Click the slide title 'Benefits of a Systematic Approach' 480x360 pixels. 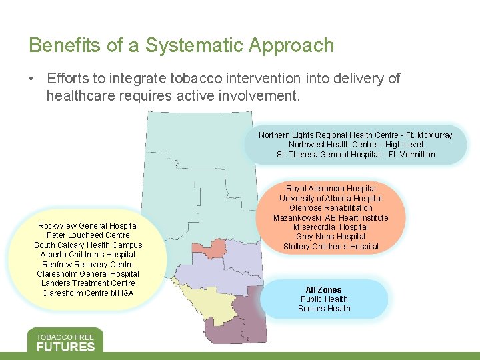pyautogui.click(x=181, y=45)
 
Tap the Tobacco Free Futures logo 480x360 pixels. pyautogui.click(x=65, y=340)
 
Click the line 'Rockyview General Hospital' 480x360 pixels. pyautogui.click(x=88, y=226)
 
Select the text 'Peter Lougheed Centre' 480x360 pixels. pyautogui.click(x=88, y=235)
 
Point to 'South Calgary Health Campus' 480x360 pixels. pyautogui.click(x=88, y=245)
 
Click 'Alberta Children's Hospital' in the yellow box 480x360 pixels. pyautogui.click(x=88, y=255)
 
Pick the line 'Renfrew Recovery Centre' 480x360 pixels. pyautogui.click(x=88, y=265)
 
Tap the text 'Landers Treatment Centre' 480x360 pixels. pyautogui.click(x=88, y=283)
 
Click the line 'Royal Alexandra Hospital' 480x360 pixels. pyautogui.click(x=331, y=189)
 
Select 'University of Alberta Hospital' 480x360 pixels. pyautogui.click(x=331, y=199)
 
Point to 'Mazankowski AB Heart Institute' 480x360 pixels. pyautogui.click(x=331, y=218)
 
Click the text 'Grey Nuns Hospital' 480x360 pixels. pyautogui.click(x=331, y=237)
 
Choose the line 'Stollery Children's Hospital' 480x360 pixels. pyautogui.click(x=331, y=247)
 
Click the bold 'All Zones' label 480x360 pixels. pyautogui.click(x=323, y=290)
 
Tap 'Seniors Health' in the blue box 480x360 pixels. pyautogui.click(x=323, y=309)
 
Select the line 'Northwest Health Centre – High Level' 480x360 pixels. pyautogui.click(x=355, y=145)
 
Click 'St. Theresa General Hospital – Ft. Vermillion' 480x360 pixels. pyautogui.click(x=355, y=155)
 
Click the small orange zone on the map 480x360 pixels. pyautogui.click(x=208, y=249)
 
